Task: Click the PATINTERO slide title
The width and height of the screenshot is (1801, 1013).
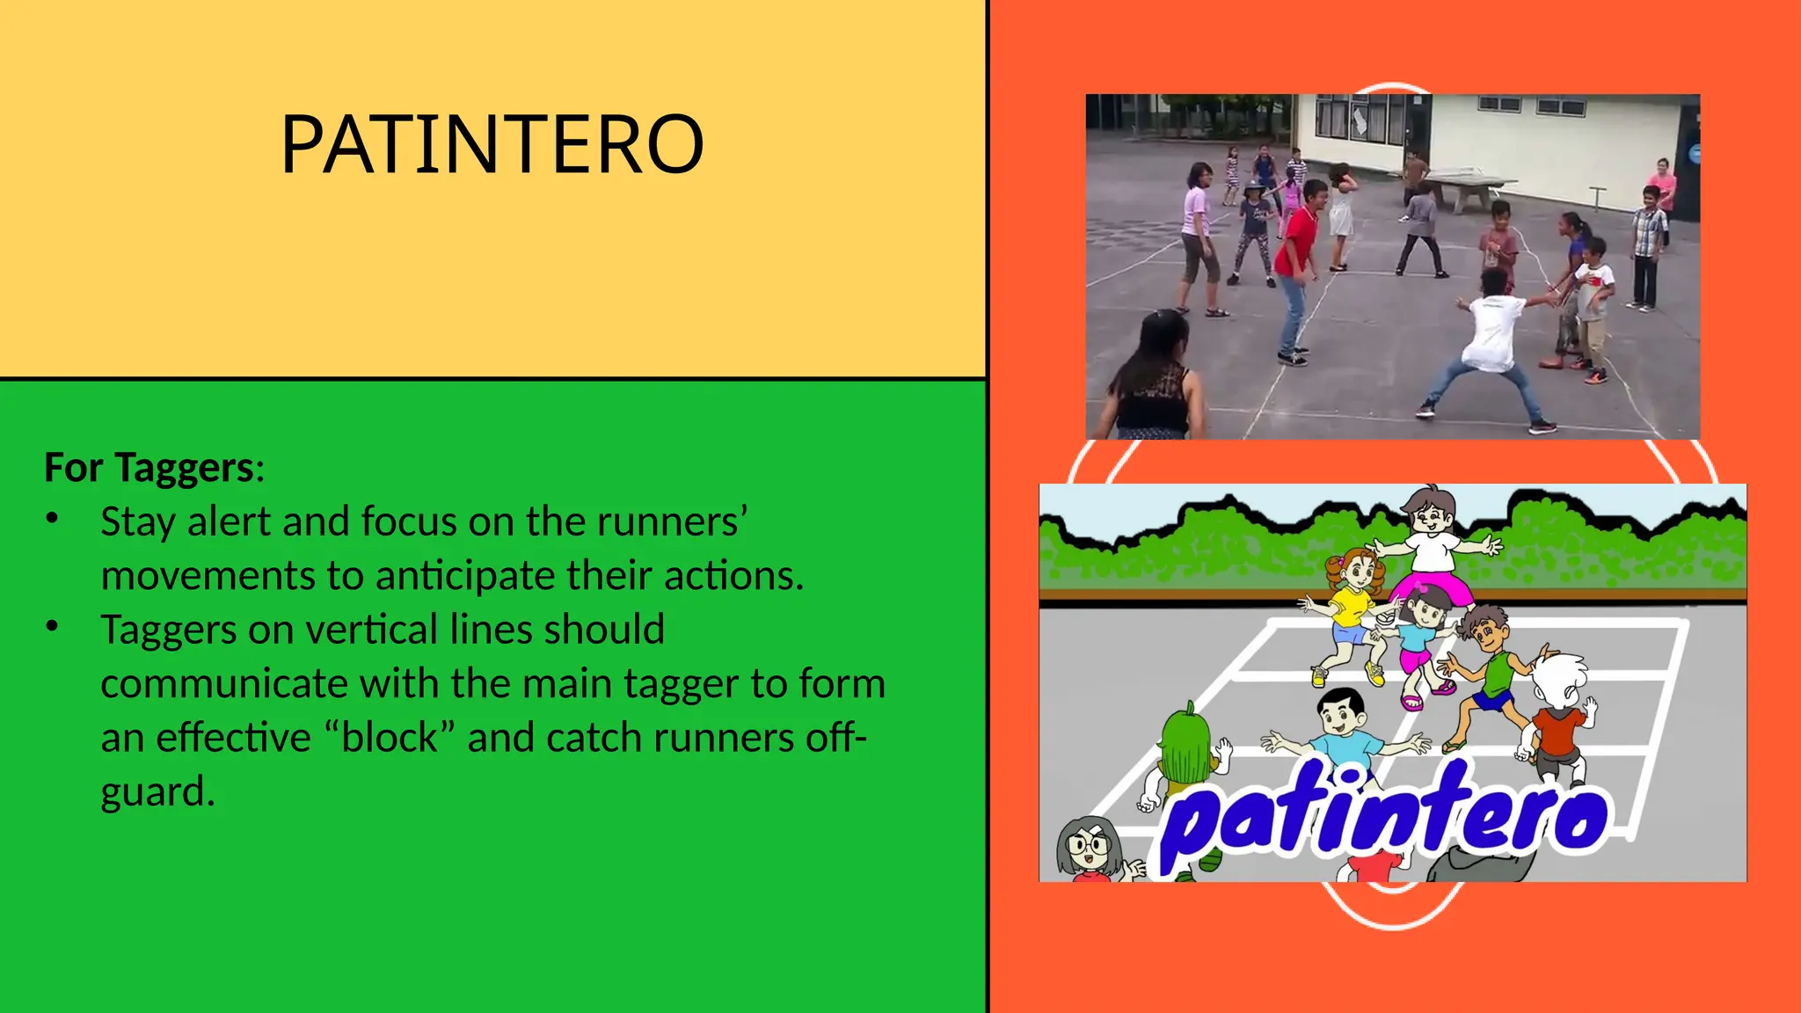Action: point(492,144)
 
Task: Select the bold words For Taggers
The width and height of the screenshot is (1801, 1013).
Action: point(149,468)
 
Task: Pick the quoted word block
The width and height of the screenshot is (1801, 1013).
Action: point(390,738)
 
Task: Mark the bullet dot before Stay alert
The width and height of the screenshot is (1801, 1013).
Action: point(53,519)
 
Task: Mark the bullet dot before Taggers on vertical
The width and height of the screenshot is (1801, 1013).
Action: point(53,627)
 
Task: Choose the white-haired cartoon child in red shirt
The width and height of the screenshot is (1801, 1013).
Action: point(1557,712)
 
